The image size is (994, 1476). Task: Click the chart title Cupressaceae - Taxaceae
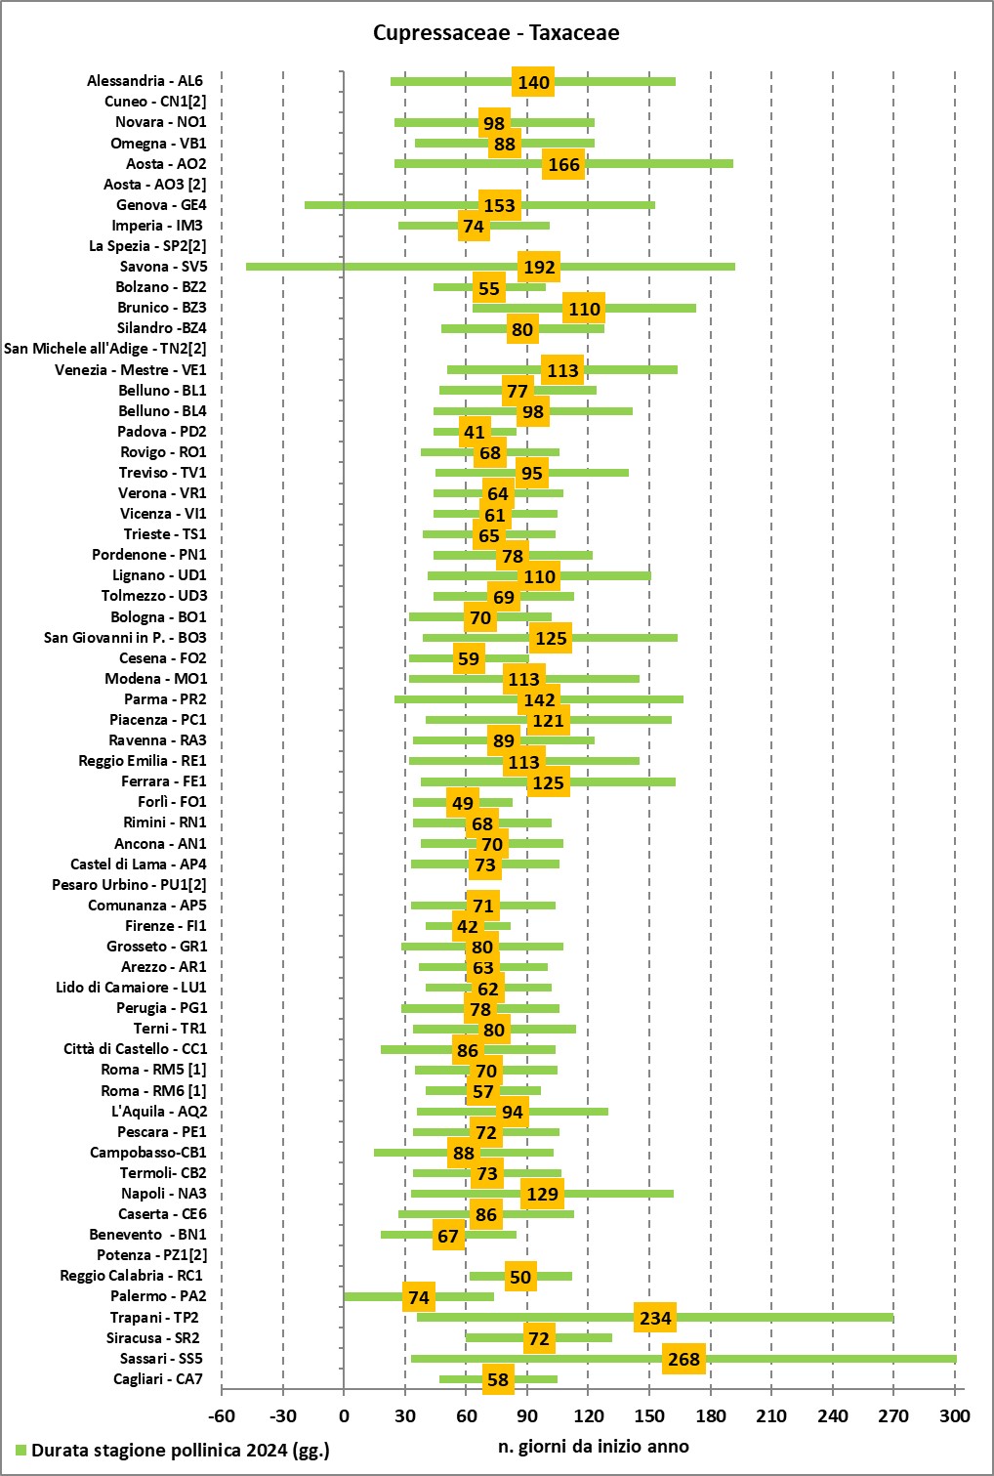point(496,33)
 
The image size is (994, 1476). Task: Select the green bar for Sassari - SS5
point(830,1359)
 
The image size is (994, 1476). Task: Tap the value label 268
point(683,1360)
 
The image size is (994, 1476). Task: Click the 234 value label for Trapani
point(655,1319)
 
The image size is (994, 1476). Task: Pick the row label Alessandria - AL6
point(145,81)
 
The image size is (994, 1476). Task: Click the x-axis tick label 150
point(649,1416)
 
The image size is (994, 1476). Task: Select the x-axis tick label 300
point(955,1416)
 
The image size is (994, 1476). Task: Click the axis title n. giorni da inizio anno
point(593,1447)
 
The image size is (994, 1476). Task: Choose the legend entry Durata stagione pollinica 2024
point(180,1451)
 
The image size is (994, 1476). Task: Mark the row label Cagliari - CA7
point(158,1379)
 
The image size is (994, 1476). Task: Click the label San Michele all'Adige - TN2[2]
point(105,349)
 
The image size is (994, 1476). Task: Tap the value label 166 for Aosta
point(563,165)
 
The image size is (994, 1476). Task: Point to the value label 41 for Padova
point(475,433)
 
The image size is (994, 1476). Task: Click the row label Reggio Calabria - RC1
point(131,1276)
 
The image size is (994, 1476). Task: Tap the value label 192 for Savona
point(539,268)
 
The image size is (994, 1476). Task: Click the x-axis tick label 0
point(344,1416)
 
